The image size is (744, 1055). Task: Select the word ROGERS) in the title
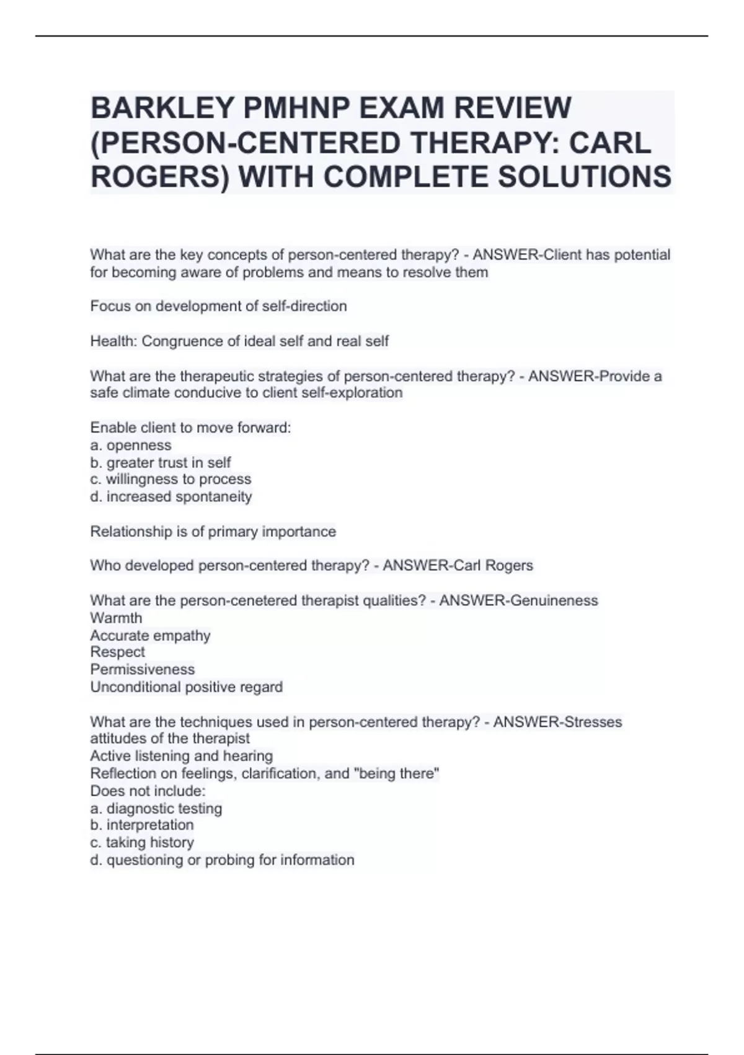click(x=159, y=177)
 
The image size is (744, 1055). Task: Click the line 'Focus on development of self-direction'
click(x=218, y=307)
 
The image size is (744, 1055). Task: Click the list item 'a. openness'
click(x=130, y=446)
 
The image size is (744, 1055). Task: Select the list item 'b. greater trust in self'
click(x=160, y=463)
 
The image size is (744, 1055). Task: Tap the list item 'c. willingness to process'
click(x=170, y=480)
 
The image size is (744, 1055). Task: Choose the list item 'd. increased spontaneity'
click(x=170, y=497)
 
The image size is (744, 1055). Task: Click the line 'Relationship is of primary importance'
click(x=213, y=532)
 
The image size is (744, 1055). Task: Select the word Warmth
click(x=116, y=618)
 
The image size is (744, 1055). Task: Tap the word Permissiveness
click(x=142, y=670)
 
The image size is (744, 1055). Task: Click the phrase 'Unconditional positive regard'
click(x=186, y=687)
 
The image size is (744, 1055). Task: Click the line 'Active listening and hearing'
click(x=181, y=756)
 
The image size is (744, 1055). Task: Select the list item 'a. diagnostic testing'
click(x=156, y=809)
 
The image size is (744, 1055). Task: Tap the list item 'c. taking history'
click(x=142, y=843)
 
